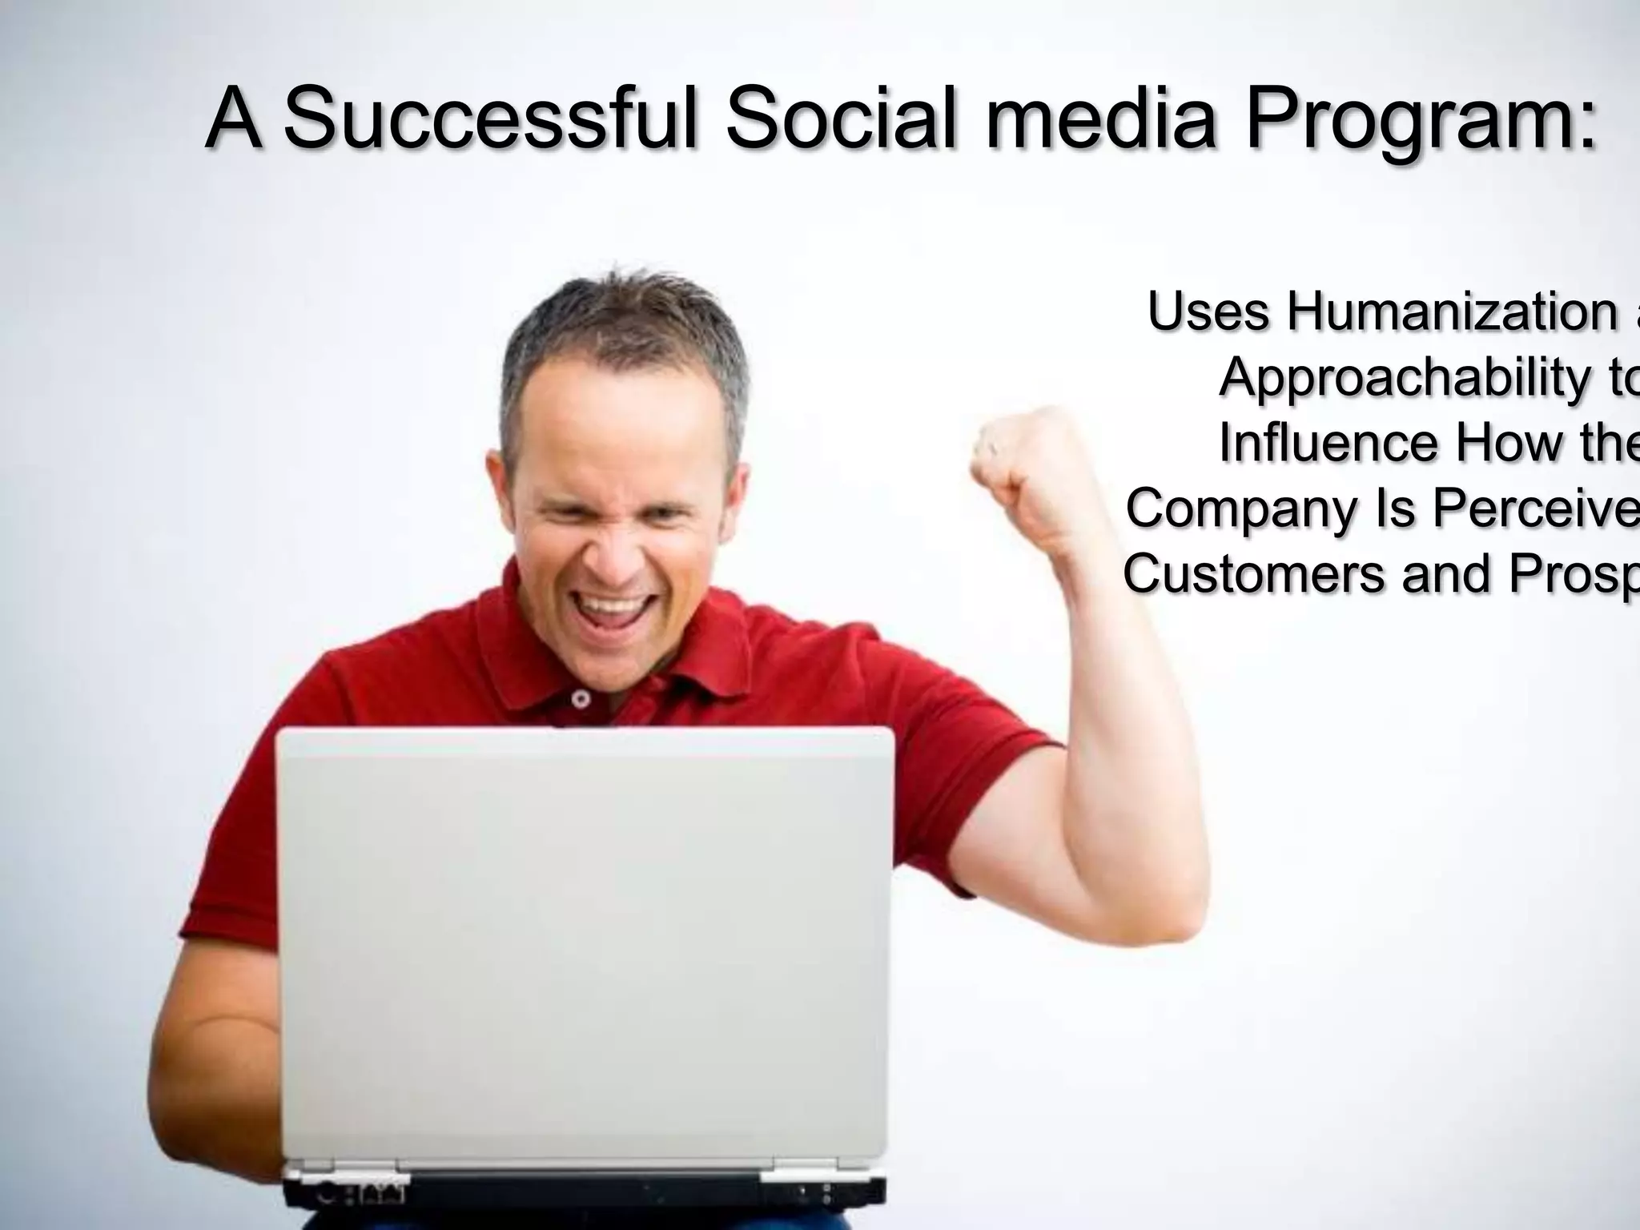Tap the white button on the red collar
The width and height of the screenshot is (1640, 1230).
pos(581,699)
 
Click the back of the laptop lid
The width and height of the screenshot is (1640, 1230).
pos(585,945)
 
